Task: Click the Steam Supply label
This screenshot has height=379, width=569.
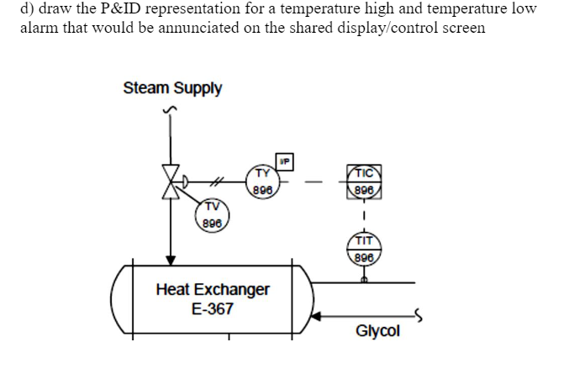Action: tap(172, 88)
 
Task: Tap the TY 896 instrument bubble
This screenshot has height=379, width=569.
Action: tap(263, 180)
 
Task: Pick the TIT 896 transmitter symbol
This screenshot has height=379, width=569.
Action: tap(363, 250)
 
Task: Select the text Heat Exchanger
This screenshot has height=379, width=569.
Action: tap(213, 290)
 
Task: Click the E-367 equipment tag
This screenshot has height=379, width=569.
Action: tap(213, 309)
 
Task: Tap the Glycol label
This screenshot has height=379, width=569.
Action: tap(378, 331)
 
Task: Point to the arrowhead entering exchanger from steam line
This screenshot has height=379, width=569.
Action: tap(171, 260)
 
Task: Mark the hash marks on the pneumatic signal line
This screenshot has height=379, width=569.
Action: tap(217, 178)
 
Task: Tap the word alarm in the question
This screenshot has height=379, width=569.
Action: tap(40, 27)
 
